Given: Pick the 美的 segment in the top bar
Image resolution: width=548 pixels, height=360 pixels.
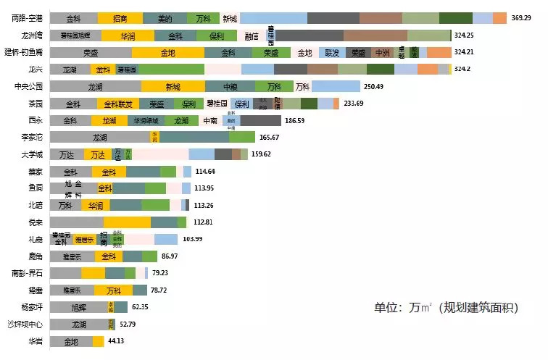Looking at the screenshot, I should coord(165,18).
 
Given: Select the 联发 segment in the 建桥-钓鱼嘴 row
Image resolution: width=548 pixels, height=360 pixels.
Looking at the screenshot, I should coord(332,52).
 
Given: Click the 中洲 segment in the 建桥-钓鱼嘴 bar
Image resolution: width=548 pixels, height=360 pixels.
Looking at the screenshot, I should coord(381,52).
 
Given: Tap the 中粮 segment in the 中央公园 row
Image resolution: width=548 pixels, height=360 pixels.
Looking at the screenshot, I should coord(231,86).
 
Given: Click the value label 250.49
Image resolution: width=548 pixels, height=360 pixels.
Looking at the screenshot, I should coord(373,86).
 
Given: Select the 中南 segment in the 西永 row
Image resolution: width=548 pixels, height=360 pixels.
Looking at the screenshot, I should coord(210,120).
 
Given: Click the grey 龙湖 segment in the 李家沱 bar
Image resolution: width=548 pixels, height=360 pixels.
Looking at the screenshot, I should coord(100,137).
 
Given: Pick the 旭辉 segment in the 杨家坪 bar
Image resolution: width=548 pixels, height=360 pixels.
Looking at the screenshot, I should coord(80,307).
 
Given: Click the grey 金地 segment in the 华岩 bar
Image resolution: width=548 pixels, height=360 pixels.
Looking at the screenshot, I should coord(71,341).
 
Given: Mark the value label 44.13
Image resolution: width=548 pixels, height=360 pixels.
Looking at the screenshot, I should coord(119,341).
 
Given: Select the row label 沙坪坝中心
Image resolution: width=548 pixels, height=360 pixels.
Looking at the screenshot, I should coord(26,324).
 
